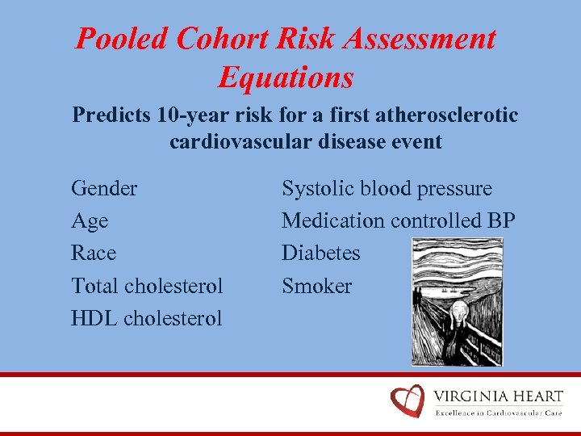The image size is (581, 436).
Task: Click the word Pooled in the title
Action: pos(120,39)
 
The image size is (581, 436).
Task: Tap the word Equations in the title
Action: pos(286,78)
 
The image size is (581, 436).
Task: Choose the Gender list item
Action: pos(104,189)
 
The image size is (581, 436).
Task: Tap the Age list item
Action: pos(90,221)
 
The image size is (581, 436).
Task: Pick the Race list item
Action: pos(94,254)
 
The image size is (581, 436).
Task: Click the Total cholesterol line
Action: pos(147,286)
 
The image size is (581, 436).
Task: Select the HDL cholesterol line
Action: pos(146,318)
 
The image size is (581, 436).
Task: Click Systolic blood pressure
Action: pos(387,189)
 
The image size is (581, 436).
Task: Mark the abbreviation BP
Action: pos(500,221)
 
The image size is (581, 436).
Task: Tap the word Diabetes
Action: pos(320,254)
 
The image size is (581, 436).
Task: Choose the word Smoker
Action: pos(316,286)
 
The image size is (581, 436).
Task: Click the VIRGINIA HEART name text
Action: pos(498,396)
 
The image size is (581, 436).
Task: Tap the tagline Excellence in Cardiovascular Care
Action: pos(498,413)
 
